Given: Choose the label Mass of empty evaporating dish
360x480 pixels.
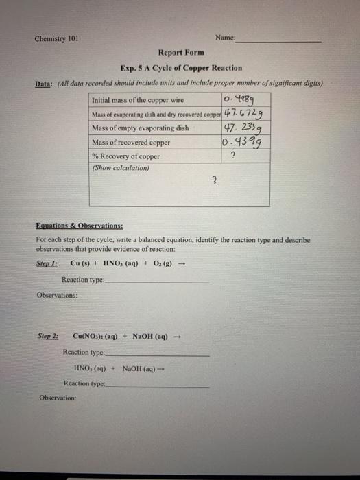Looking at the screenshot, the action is [x=140, y=128].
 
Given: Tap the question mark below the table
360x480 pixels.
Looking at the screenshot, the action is [x=215, y=180].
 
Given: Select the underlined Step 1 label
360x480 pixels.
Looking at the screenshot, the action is [x=47, y=263].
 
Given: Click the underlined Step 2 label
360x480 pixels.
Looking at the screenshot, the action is [x=47, y=336].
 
